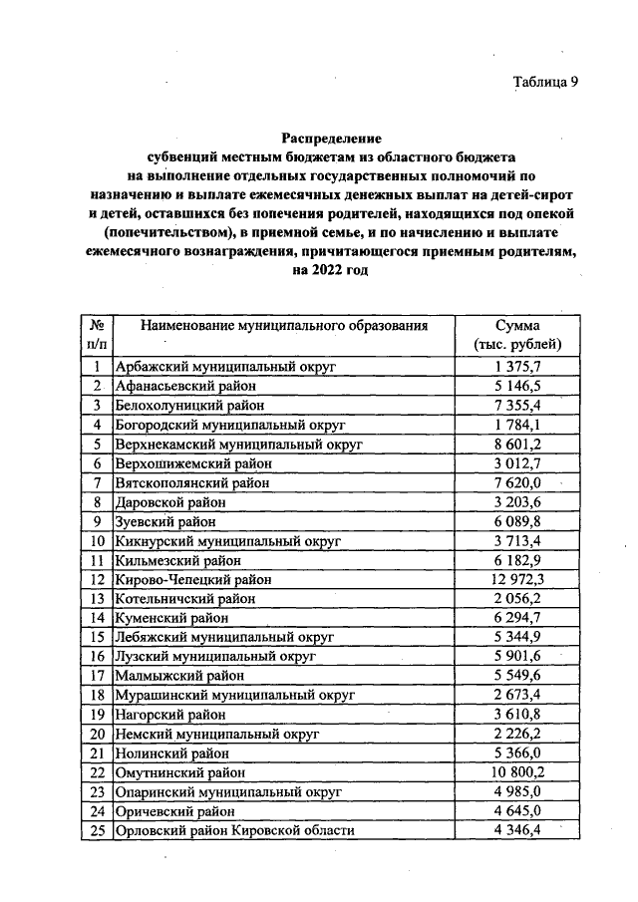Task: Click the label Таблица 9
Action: [545, 82]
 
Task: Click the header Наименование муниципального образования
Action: [284, 326]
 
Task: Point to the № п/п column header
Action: [98, 335]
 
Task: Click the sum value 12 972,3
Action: [517, 579]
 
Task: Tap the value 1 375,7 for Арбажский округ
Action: [517, 367]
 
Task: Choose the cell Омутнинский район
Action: [182, 772]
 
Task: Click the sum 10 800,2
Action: [517, 772]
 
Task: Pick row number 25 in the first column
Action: [98, 830]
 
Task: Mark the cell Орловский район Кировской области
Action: [235, 830]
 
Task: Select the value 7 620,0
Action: [517, 482]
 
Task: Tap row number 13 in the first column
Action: [98, 599]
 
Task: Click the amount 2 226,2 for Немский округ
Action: [517, 734]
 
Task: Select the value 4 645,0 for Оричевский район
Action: [517, 810]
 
